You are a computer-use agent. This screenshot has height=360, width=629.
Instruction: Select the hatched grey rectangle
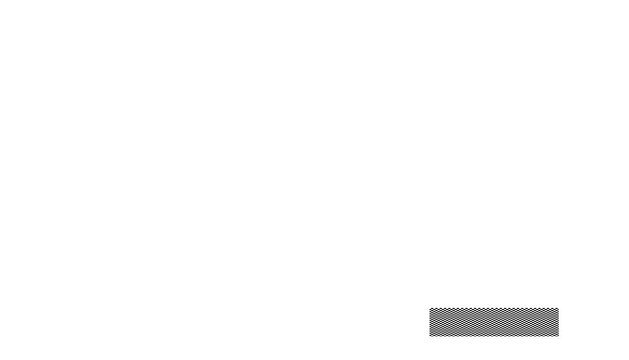click(x=493, y=321)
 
